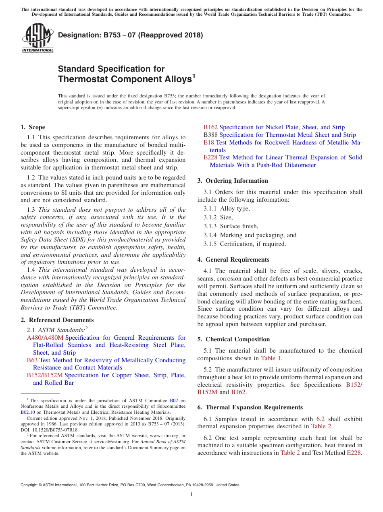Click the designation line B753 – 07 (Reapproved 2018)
click(x=130, y=35)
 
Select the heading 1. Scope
click(x=33, y=127)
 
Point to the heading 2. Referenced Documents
click(x=57, y=320)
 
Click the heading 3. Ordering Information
click(x=232, y=181)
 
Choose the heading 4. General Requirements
click(x=233, y=260)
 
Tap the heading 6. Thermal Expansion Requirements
click(x=250, y=407)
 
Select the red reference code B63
click(x=32, y=360)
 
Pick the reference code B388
click(x=210, y=135)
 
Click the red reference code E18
click(x=209, y=142)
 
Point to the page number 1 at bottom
click(x=191, y=494)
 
